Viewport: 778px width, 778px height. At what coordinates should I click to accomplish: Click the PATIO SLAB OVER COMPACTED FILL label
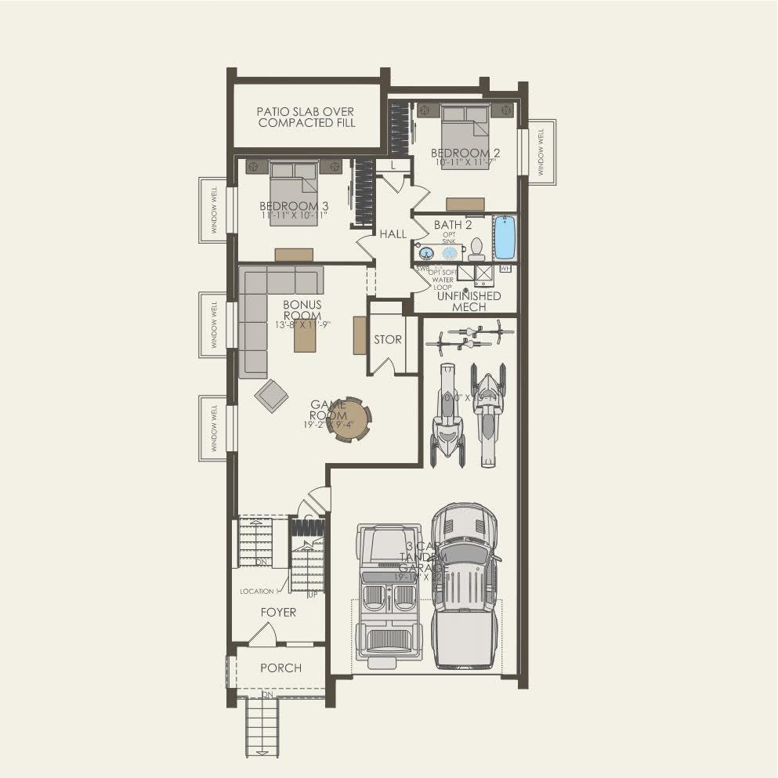[x=306, y=118]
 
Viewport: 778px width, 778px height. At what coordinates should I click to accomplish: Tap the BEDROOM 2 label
[x=465, y=153]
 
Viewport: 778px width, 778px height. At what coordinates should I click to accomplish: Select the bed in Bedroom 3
[x=295, y=192]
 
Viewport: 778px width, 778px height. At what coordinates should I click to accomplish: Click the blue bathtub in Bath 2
[x=505, y=238]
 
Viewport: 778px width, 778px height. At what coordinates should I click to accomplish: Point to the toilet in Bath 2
[x=476, y=249]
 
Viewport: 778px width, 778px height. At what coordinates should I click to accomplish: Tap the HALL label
[x=393, y=233]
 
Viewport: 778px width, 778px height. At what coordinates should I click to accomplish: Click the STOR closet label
[x=387, y=340]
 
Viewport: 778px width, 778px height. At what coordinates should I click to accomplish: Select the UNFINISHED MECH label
[x=469, y=302]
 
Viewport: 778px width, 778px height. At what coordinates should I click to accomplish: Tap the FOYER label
[x=278, y=612]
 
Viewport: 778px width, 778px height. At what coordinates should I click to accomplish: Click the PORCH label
[x=280, y=668]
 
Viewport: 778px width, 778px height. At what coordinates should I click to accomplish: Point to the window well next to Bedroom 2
[x=541, y=151]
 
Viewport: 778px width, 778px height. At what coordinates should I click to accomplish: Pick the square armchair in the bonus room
[x=271, y=395]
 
